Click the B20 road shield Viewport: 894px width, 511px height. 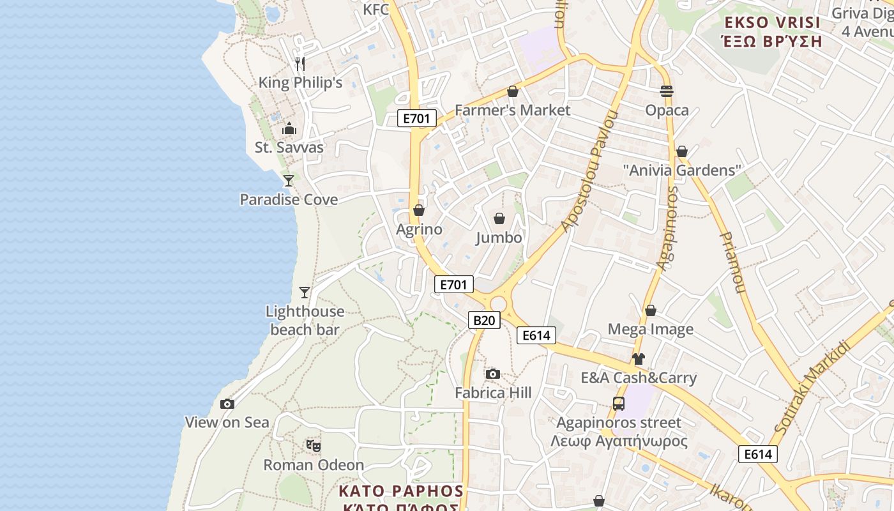point(484,320)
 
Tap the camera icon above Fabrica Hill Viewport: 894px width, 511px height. point(493,374)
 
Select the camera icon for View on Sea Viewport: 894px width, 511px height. point(227,404)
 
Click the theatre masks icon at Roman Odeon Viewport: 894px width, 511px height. point(313,445)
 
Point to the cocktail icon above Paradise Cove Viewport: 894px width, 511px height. point(289,181)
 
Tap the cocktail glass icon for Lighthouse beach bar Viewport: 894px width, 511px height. point(305,293)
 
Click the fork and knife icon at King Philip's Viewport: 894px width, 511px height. point(300,64)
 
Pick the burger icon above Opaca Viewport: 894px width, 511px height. point(667,91)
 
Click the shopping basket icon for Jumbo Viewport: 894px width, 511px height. point(499,219)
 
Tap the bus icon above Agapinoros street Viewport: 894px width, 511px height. point(618,404)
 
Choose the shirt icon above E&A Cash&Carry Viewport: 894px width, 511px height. point(638,359)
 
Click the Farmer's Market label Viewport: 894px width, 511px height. point(512,110)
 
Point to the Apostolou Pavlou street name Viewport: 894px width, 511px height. point(590,172)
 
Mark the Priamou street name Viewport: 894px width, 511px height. point(732,262)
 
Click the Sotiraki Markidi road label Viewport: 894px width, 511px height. point(812,387)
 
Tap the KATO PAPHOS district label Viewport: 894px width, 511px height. point(401,491)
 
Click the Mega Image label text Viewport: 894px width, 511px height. point(650,330)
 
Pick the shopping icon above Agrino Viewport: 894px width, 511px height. point(419,210)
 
